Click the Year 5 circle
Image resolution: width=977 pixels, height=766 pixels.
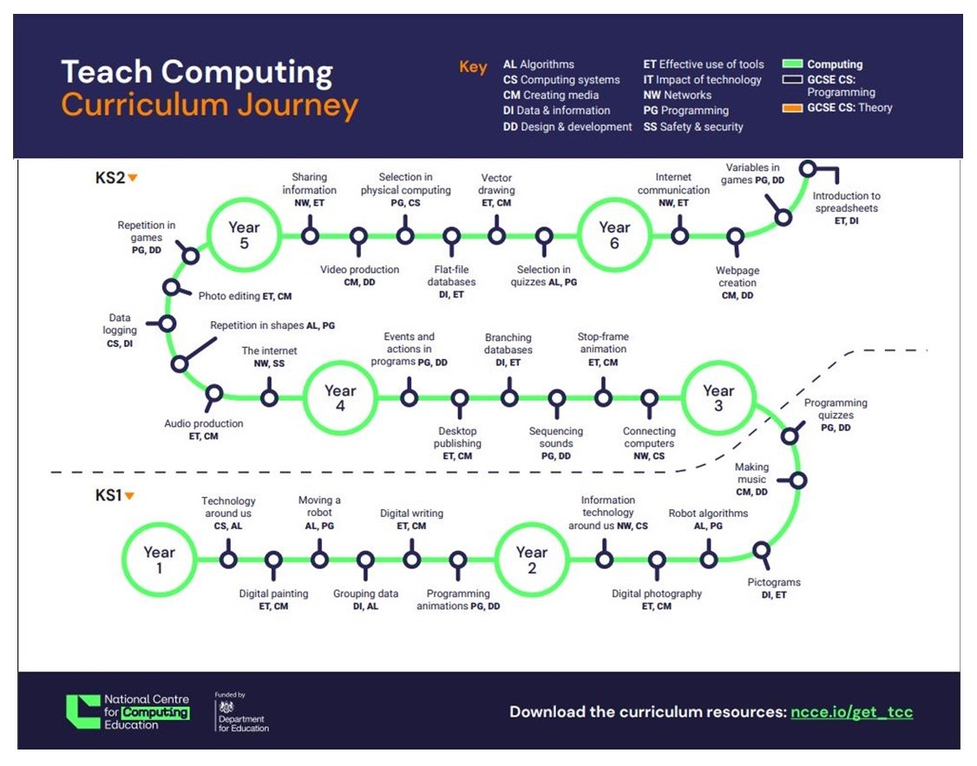(x=245, y=235)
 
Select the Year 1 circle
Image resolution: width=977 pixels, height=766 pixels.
(x=159, y=560)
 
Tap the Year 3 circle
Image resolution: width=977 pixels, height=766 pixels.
(x=718, y=398)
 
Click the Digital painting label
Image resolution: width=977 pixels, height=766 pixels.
(x=273, y=599)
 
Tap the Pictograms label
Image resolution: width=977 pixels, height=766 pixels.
(x=774, y=588)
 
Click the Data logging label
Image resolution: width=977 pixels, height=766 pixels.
(x=120, y=331)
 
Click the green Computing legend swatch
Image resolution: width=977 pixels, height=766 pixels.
(x=792, y=64)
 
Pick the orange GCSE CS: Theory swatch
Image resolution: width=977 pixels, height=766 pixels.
(x=792, y=108)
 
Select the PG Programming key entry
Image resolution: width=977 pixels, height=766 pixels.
(x=685, y=111)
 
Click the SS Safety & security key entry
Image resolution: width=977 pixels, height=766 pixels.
(x=692, y=127)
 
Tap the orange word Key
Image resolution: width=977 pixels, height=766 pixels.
(x=473, y=68)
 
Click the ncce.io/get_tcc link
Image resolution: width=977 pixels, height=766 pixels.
(x=851, y=712)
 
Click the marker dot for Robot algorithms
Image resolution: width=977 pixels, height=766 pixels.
(x=709, y=560)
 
